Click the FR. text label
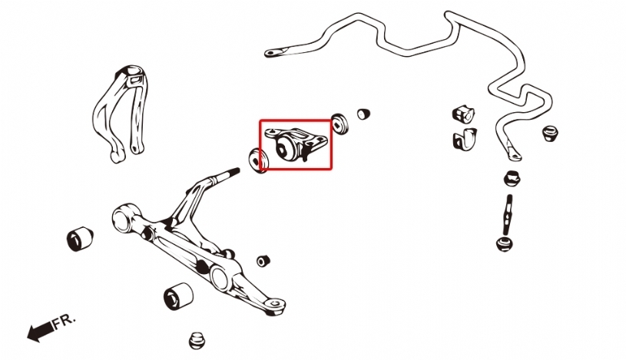64,320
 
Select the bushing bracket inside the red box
296,144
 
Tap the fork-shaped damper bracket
121,114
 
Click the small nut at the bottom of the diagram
197,340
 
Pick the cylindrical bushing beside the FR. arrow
178,296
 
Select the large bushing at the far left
80,239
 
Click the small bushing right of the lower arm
263,261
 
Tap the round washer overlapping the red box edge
259,160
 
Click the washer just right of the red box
339,124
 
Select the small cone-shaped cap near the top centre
363,114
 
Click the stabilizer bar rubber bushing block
463,114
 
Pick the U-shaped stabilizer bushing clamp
465,138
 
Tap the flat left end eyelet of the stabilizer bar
276,52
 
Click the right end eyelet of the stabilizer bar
514,154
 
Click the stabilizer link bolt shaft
508,215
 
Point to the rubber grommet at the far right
550,133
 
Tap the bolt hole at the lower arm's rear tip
274,303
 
